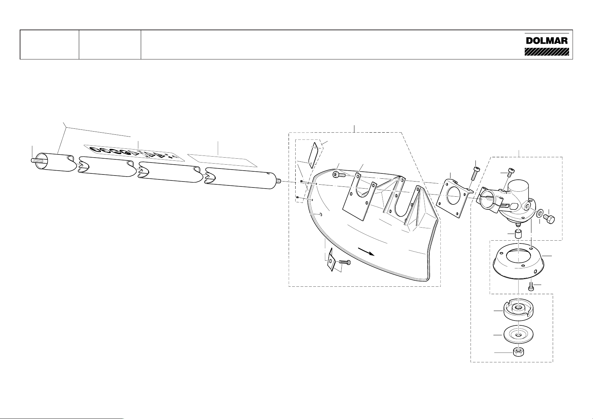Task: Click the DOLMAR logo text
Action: click(547, 40)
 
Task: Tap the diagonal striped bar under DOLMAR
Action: click(547, 52)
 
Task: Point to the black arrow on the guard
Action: click(366, 252)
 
